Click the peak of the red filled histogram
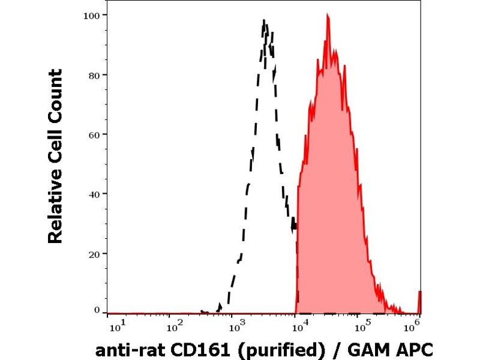pyautogui.click(x=328, y=16)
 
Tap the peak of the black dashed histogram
pyautogui.click(x=264, y=21)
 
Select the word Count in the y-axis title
pyautogui.click(x=55, y=90)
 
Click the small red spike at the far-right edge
pyautogui.click(x=419, y=301)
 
